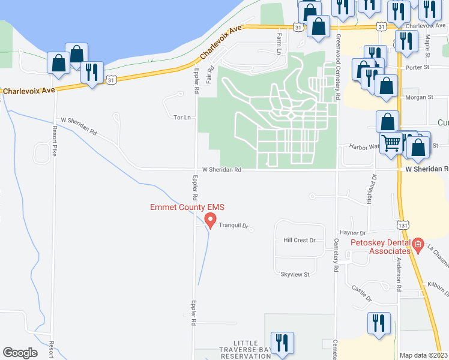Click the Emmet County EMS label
(187, 208)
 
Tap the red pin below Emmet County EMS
(209, 221)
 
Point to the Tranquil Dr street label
(233, 226)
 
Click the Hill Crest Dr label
(299, 240)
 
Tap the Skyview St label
(294, 274)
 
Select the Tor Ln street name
(182, 118)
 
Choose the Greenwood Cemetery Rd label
(339, 66)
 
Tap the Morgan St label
(419, 97)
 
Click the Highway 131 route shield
(403, 224)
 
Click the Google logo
(20, 353)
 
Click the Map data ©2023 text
(423, 355)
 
